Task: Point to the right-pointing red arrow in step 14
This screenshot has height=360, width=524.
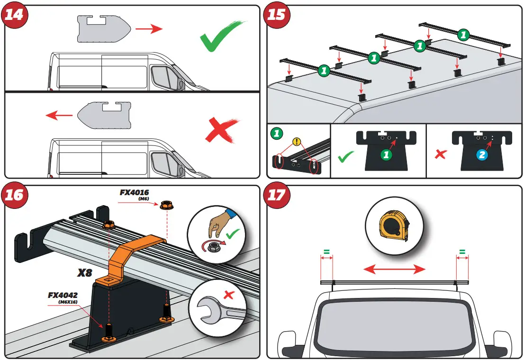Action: [x=148, y=29]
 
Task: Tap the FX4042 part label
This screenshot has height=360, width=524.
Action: [x=63, y=295]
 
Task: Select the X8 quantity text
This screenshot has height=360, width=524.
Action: [x=85, y=273]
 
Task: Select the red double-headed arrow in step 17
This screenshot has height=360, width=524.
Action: [x=394, y=270]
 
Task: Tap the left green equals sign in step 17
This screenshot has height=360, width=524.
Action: [x=326, y=252]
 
